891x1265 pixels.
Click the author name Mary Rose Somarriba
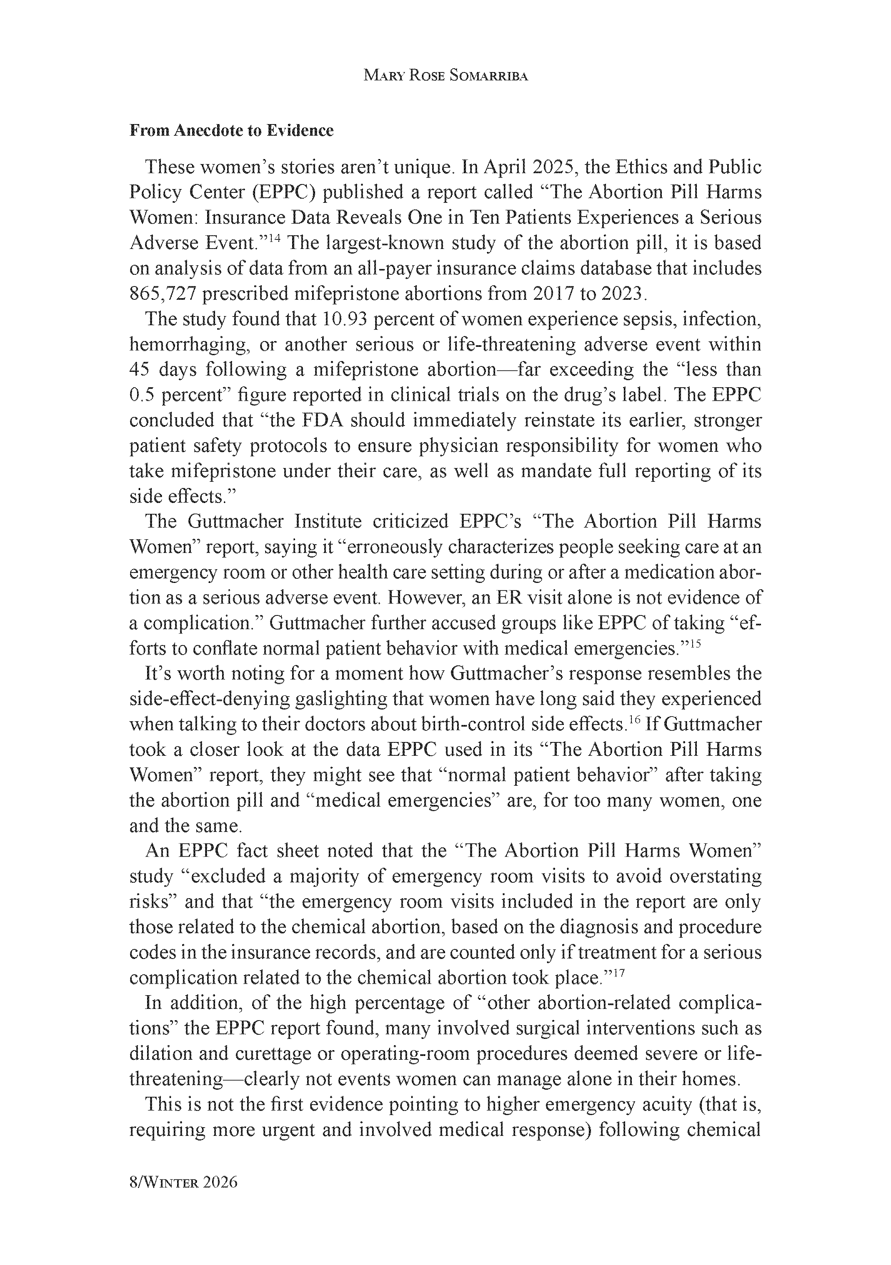coord(445,76)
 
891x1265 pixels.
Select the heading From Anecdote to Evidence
coord(232,131)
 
